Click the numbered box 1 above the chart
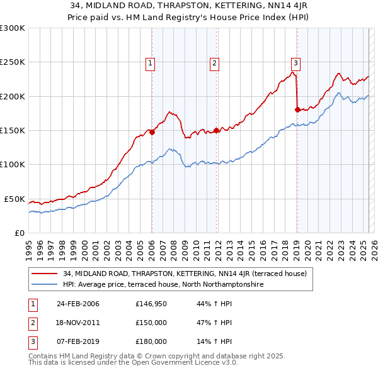[151, 62]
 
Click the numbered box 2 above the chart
[215, 62]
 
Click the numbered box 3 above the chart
[295, 62]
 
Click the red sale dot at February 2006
[152, 133]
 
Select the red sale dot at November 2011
[216, 131]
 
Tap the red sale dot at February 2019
[297, 110]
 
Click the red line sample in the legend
[44, 274]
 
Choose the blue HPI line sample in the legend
[44, 284]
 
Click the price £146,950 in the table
[151, 304]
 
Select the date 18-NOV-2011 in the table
[78, 323]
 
